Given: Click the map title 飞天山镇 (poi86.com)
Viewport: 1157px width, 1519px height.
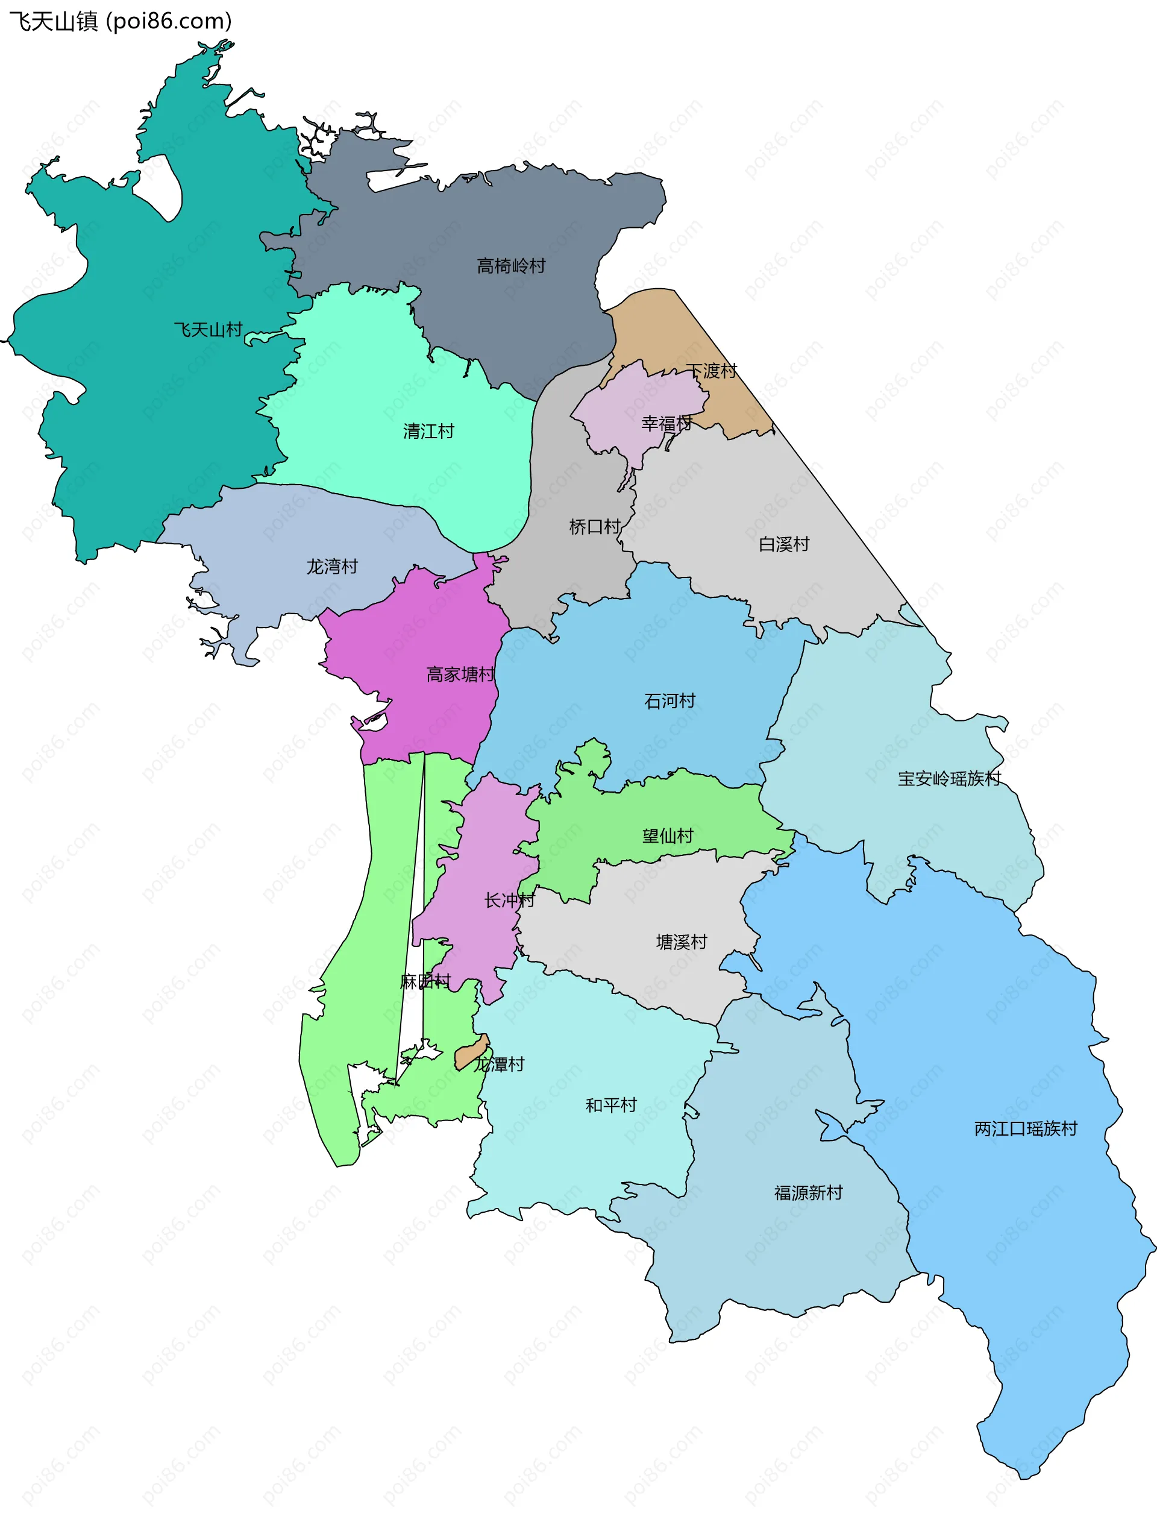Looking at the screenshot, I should coord(121,21).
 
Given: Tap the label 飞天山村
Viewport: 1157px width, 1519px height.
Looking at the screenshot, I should coord(208,329).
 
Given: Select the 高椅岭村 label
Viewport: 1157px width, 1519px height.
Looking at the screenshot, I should coord(511,266).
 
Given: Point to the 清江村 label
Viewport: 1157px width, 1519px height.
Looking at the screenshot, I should coord(428,431).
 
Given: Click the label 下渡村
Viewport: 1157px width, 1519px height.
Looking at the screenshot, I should coord(712,371).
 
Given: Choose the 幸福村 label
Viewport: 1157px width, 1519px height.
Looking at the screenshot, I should coord(666,424).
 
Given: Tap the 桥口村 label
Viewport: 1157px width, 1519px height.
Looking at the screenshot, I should coord(594,527).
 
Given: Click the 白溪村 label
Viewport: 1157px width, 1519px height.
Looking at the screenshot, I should coord(784,544).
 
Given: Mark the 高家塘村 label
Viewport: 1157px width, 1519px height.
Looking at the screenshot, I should coord(460,675).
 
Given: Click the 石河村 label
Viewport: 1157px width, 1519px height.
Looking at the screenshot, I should coord(669,700).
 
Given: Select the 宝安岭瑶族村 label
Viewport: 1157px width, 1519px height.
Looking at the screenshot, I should coord(949,778).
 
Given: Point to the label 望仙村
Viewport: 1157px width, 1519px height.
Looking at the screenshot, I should coord(667,835).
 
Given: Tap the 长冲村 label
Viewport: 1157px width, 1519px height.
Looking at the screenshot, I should coord(509,900).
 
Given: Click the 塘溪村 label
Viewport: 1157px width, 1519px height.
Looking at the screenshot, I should coord(681,942).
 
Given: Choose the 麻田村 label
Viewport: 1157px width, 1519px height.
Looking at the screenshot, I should coord(425,982).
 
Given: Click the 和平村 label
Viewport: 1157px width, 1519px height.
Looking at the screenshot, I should coord(611,1105).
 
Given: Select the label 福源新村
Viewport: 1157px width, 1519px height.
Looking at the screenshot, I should coord(808,1192).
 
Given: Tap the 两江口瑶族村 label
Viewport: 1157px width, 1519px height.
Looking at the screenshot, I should coord(1025,1128).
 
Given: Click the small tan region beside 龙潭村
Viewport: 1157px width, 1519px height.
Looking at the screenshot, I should coord(472,1052).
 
